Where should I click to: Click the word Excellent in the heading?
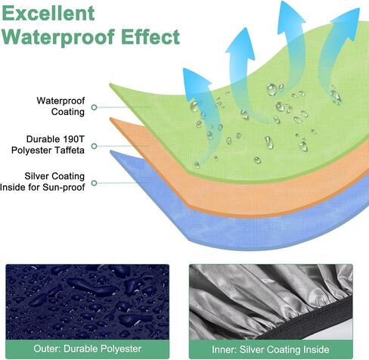[48, 13]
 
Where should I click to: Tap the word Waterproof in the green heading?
[58, 37]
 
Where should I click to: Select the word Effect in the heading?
[150, 37]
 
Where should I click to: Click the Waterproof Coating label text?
[60, 106]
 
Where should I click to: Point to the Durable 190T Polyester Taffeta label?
[48, 144]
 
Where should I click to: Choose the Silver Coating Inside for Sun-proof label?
[42, 182]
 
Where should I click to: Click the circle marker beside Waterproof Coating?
[95, 107]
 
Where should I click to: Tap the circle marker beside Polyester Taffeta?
[95, 146]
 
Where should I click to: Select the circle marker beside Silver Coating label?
[95, 183]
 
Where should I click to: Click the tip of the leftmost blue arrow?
[184, 69]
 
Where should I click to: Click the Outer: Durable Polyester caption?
[87, 349]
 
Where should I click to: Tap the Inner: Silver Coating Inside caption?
[271, 349]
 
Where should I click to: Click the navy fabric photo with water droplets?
[87, 302]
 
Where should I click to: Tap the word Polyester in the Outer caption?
[121, 349]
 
